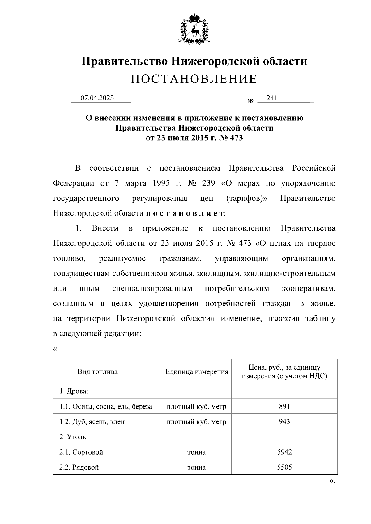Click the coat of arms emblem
point(194,28)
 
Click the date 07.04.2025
point(97,98)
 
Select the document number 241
point(272,98)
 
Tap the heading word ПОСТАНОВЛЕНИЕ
point(194,79)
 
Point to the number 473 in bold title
point(237,138)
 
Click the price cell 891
point(284,406)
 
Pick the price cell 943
point(284,421)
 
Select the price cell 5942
point(284,452)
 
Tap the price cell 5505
point(284,467)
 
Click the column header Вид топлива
point(97,371)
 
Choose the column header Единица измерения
point(197,371)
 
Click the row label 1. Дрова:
point(74,391)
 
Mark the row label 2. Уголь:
point(74,437)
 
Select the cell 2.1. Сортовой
point(81,452)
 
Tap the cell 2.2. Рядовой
point(79,467)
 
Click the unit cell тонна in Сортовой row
point(196,452)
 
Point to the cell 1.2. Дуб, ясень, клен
point(92,421)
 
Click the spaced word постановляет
point(185,213)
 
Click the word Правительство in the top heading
point(125,61)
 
